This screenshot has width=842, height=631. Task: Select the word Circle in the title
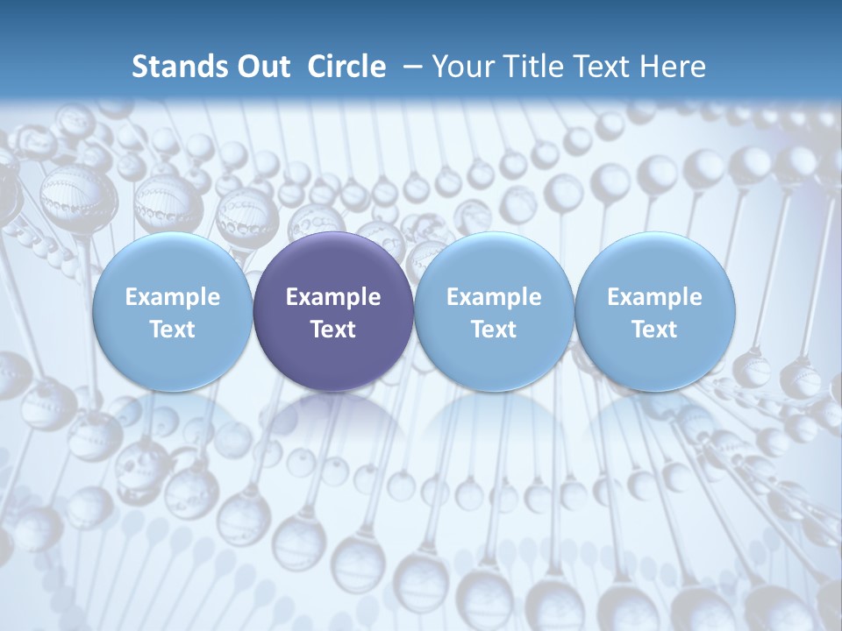(346, 67)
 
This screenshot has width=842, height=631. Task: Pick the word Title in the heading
(530, 67)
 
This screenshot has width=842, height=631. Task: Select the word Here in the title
(670, 67)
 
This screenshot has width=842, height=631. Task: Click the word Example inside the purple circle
(333, 297)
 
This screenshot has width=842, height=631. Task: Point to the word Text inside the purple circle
(333, 330)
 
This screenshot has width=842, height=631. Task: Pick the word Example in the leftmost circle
(172, 297)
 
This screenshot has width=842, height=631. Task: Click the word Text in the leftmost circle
(172, 330)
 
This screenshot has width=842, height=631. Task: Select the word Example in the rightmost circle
(655, 297)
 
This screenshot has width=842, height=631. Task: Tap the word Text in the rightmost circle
(655, 330)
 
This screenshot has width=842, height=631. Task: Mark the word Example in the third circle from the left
(494, 297)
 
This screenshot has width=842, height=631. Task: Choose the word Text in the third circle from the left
(494, 330)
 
